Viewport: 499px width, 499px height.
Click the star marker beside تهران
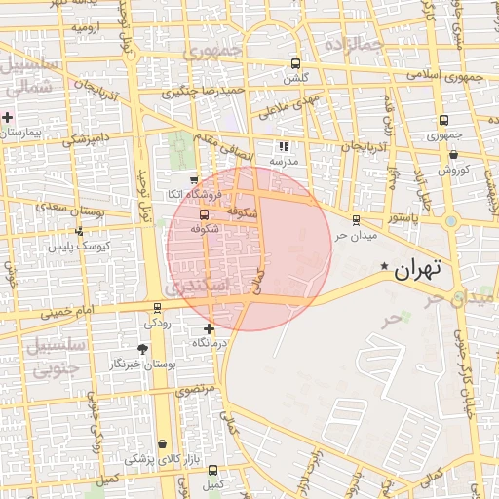(x=385, y=266)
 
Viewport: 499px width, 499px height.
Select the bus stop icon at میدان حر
(x=356, y=220)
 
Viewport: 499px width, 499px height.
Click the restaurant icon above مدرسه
(x=284, y=147)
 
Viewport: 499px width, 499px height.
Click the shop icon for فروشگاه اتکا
(x=194, y=179)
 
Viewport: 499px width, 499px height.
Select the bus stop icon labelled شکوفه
(x=203, y=214)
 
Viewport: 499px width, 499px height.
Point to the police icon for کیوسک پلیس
(x=79, y=231)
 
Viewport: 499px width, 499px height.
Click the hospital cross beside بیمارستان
(x=8, y=117)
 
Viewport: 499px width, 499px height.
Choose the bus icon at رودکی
(x=158, y=308)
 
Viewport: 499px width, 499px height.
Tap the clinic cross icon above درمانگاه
(x=209, y=329)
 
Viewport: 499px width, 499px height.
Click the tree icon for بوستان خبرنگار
(x=143, y=349)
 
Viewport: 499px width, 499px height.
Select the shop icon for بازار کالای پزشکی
(x=162, y=443)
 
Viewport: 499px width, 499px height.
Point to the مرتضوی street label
(x=196, y=388)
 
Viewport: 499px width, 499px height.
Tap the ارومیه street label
(x=86, y=26)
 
